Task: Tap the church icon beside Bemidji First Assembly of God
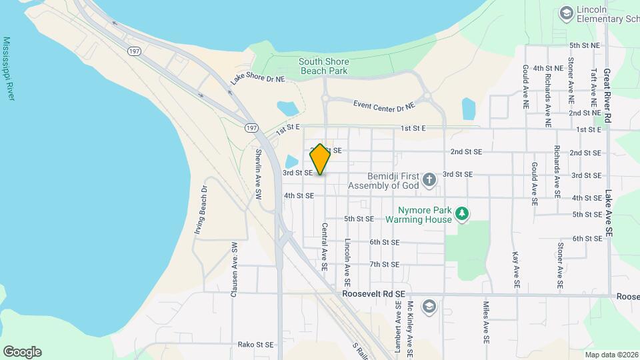[x=430, y=179]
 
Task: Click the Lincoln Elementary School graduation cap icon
[x=566, y=13]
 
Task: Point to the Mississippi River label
[x=9, y=69]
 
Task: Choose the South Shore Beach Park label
[x=323, y=65]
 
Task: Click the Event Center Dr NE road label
[x=383, y=105]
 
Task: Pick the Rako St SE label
[x=256, y=345]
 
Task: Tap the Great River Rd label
[x=607, y=94]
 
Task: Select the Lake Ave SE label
[x=608, y=213]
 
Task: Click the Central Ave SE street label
[x=325, y=245]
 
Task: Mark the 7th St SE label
[x=384, y=264]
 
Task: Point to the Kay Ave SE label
[x=516, y=270]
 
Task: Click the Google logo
[x=22, y=352]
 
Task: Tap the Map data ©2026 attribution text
[x=611, y=355]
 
